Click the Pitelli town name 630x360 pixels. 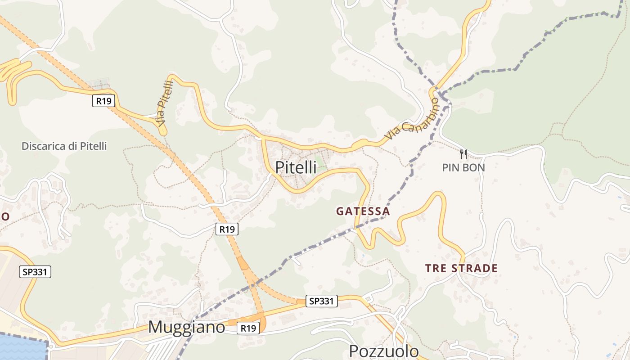[296, 167]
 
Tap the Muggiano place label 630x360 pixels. [186, 327]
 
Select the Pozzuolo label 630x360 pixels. [384, 351]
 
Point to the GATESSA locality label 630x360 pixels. [363, 211]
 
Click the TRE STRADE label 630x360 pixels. [461, 269]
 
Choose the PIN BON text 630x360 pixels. [463, 168]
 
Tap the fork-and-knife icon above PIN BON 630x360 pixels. [463, 154]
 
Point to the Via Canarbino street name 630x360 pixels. [412, 119]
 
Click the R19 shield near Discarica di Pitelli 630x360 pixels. [103, 101]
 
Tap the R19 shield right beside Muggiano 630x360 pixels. [248, 328]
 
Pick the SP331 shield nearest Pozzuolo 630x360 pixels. [321, 301]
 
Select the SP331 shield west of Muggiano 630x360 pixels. [35, 272]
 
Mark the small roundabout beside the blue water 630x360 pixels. [51, 346]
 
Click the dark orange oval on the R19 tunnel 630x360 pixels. [243, 263]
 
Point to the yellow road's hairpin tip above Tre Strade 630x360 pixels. [437, 194]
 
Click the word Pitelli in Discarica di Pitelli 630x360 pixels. [93, 146]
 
